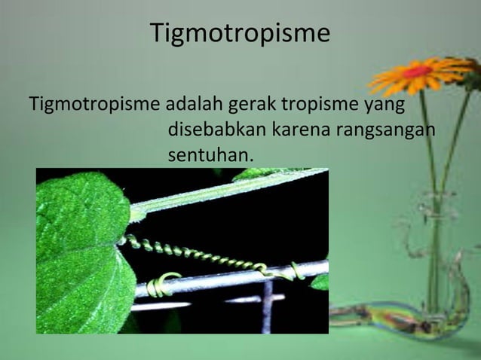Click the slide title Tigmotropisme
pos(240,34)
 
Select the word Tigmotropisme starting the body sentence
pos(94,104)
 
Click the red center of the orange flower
pos(417,72)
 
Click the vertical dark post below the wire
pos(267,309)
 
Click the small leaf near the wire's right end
pos(320,282)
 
